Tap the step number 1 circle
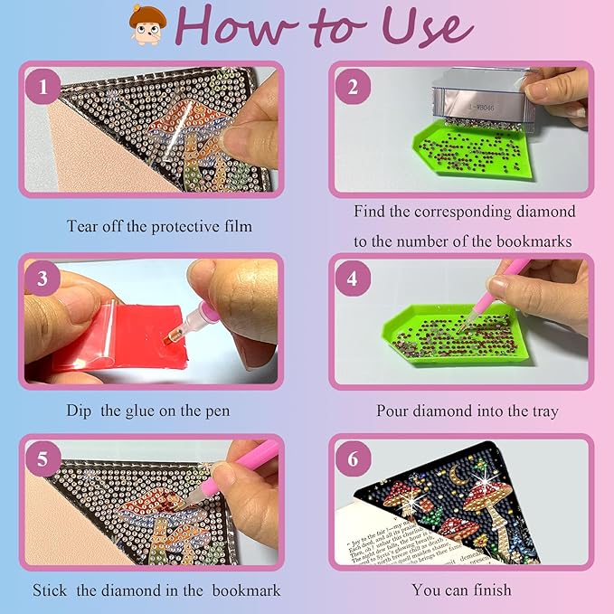click(45, 88)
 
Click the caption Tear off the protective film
click(159, 226)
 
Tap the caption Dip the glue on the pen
click(147, 411)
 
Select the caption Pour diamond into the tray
click(468, 411)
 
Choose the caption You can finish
click(461, 590)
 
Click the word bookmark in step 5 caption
click(247, 590)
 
